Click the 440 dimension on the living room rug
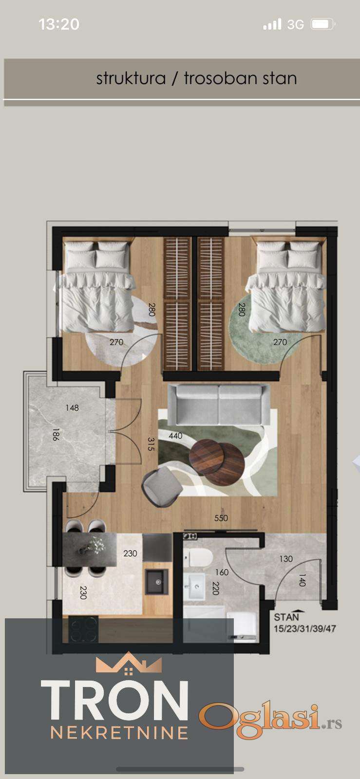click(176, 435)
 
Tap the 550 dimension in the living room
click(221, 518)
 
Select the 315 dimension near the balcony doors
click(151, 444)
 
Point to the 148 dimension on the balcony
click(72, 407)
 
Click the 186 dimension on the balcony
click(56, 435)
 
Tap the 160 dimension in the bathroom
click(222, 572)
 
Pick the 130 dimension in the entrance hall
click(286, 558)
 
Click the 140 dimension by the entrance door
click(302, 580)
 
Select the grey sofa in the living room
click(219, 404)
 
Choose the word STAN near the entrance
click(286, 617)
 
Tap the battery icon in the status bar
click(323, 24)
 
